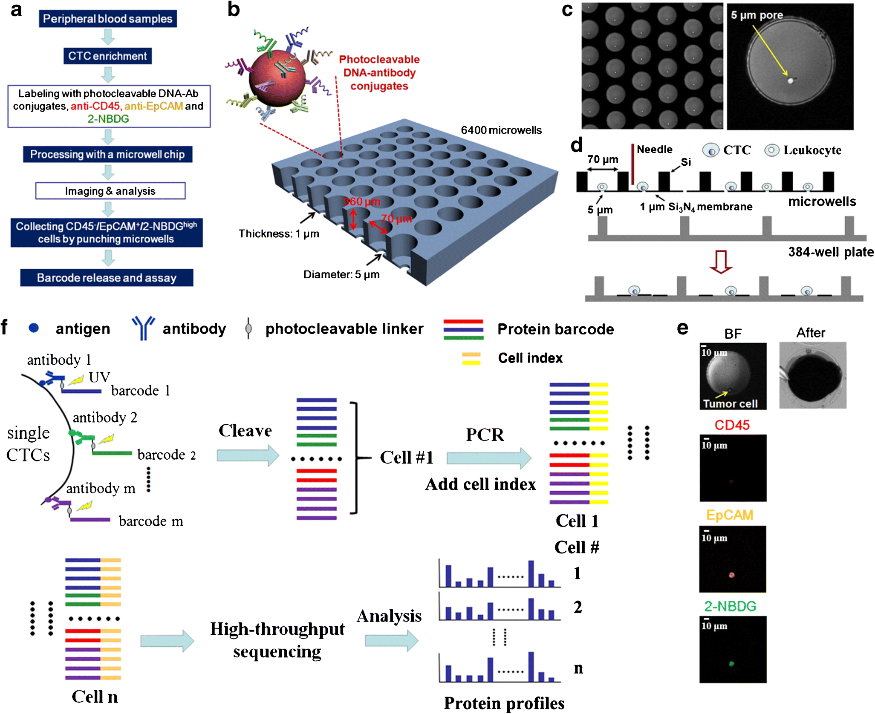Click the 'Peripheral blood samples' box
[107, 19]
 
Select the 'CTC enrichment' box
[107, 56]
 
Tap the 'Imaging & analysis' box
[110, 191]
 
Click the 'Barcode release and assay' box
[107, 278]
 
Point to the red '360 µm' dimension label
[362, 202]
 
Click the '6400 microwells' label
[501, 130]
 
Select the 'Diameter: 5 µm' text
[341, 274]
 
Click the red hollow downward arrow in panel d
[721, 261]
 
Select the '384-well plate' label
[831, 252]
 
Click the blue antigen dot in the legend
[34, 328]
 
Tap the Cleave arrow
[248, 455]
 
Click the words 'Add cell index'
[480, 484]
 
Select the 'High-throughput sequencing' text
[277, 640]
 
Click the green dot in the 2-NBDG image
[731, 663]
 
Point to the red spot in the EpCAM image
[731, 575]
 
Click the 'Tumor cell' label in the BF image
[730, 403]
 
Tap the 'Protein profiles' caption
[504, 703]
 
